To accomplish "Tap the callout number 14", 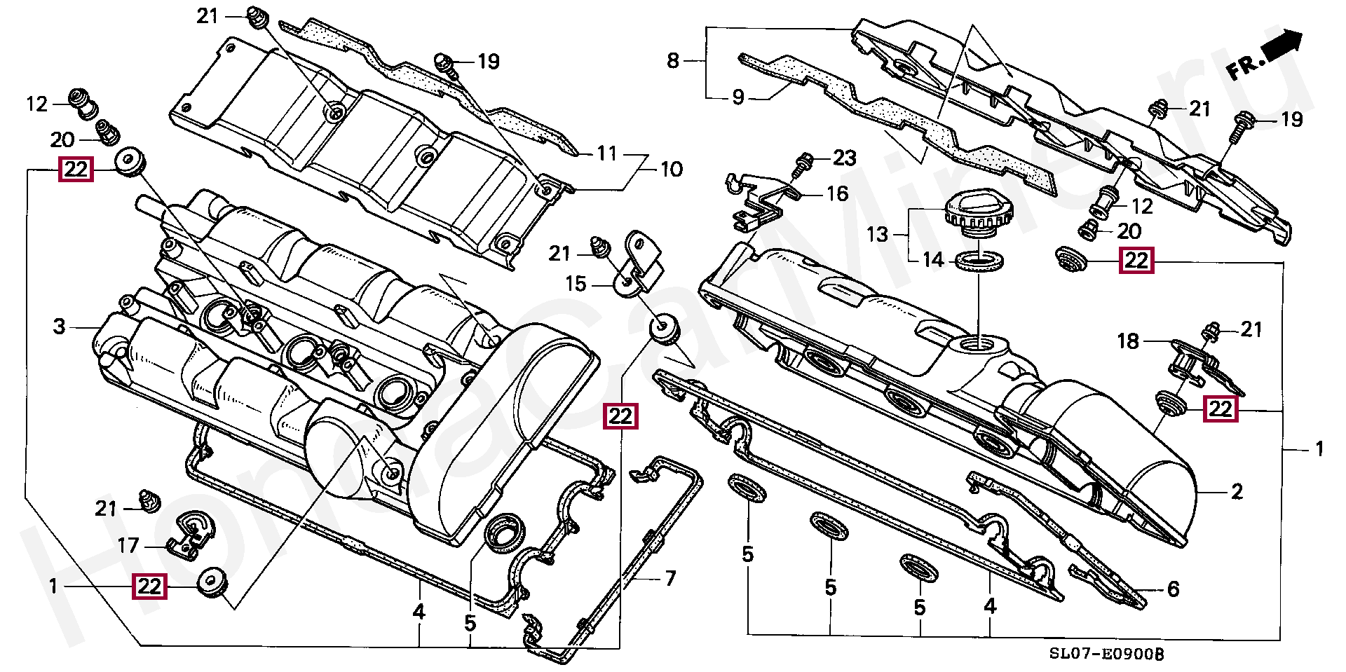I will click(x=933, y=260).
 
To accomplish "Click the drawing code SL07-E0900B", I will click(x=1106, y=654).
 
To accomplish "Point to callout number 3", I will click(x=60, y=326).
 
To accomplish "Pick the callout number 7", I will click(x=670, y=578).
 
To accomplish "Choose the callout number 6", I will click(x=1173, y=589).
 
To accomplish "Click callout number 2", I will click(x=1237, y=491).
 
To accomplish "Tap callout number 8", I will click(x=673, y=61).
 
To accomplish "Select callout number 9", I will click(x=737, y=97).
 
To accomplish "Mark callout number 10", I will click(x=671, y=169).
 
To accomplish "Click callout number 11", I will click(x=606, y=153).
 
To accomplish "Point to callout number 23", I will click(x=845, y=158).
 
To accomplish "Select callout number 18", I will click(x=1128, y=341).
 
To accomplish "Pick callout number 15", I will click(x=576, y=284).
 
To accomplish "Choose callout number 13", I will click(x=877, y=234).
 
